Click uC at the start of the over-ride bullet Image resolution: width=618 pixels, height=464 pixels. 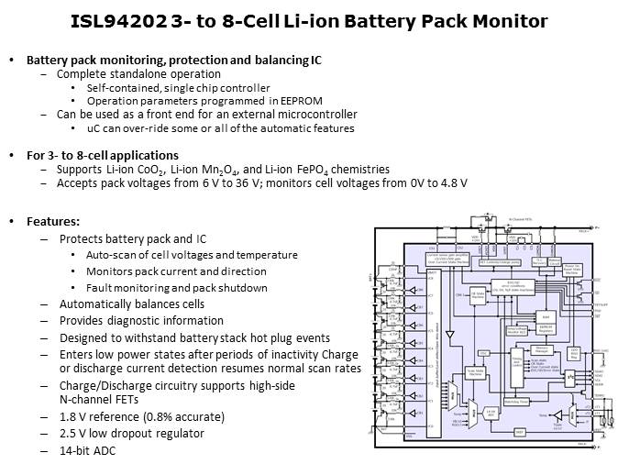pos(93,128)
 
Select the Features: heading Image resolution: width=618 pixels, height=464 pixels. pos(53,222)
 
